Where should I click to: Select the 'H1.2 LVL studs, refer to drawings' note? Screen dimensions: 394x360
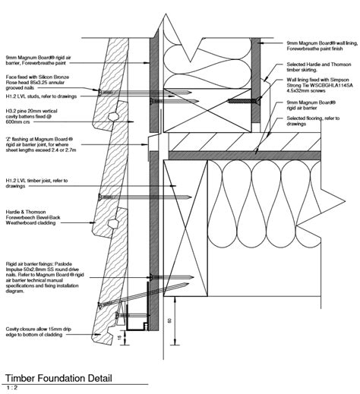pyautogui.click(x=33, y=98)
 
